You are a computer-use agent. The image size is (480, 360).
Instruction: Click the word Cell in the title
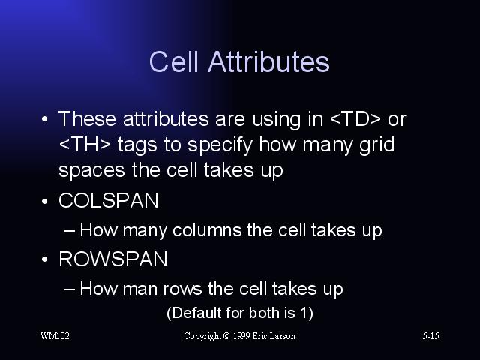pyautogui.click(x=173, y=61)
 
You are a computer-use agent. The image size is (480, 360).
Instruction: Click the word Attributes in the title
pyautogui.click(x=268, y=61)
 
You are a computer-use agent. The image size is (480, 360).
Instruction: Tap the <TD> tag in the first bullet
pyautogui.click(x=355, y=118)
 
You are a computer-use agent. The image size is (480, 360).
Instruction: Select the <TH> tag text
pyautogui.click(x=84, y=145)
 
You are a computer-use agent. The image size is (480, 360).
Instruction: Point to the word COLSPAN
pyautogui.click(x=109, y=201)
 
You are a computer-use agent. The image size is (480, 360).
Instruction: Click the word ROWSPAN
pyautogui.click(x=113, y=259)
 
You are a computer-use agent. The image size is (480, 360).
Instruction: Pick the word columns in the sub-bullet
pyautogui.click(x=207, y=230)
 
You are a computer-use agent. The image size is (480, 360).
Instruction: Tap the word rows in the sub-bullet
pyautogui.click(x=182, y=289)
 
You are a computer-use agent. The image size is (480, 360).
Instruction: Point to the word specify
pyautogui.click(x=220, y=145)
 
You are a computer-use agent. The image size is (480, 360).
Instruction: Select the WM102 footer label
pyautogui.click(x=55, y=336)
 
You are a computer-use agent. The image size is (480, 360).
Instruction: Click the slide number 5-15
pyautogui.click(x=430, y=336)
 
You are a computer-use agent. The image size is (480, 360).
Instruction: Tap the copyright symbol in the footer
pyautogui.click(x=226, y=336)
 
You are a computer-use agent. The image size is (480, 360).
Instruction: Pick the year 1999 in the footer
pyautogui.click(x=241, y=336)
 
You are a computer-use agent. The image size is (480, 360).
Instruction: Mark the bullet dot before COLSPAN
pyautogui.click(x=45, y=202)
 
